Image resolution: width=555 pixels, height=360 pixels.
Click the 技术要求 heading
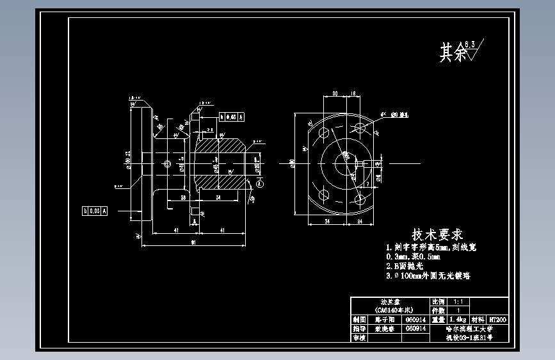click(437, 234)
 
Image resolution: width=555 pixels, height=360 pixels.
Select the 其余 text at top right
click(453, 53)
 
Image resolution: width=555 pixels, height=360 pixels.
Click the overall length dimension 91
click(193, 242)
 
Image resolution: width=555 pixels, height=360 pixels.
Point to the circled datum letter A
click(260, 183)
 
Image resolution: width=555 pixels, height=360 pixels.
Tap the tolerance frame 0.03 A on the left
click(95, 210)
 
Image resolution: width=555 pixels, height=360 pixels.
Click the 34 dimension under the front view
click(327, 221)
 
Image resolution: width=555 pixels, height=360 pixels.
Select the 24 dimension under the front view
click(360, 221)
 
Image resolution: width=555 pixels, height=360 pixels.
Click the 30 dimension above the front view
click(335, 94)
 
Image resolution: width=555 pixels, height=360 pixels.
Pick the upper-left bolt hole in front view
click(323, 133)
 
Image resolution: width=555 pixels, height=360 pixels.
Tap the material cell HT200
click(497, 319)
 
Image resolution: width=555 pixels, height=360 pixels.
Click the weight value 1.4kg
click(457, 319)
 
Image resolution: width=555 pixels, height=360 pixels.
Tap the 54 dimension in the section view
click(218, 198)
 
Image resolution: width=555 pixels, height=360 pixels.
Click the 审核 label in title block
click(360, 337)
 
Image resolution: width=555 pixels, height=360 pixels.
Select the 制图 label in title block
click(360, 319)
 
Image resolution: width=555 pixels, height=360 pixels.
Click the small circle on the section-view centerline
click(167, 164)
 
